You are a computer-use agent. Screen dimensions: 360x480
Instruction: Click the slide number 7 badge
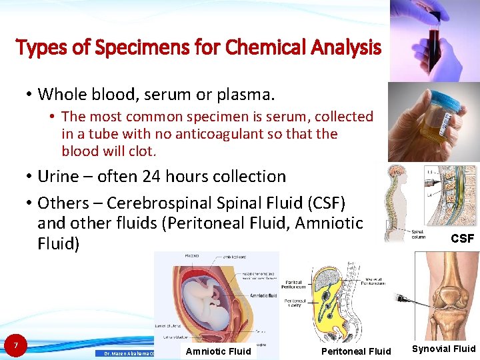pyautogui.click(x=15, y=345)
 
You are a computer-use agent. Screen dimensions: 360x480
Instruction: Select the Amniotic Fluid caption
pyautogui.click(x=218, y=351)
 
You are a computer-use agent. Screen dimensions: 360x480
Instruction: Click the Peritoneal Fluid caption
pyautogui.click(x=356, y=351)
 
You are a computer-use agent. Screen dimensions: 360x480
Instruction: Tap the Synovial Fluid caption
pyautogui.click(x=443, y=349)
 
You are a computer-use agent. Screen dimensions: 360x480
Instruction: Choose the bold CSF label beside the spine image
pyautogui.click(x=462, y=238)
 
